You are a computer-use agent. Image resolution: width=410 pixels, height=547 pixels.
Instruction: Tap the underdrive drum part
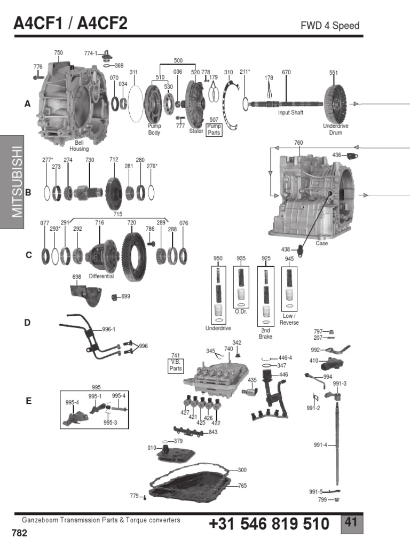[336, 105]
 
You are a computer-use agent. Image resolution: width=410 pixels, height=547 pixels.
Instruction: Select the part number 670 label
[286, 73]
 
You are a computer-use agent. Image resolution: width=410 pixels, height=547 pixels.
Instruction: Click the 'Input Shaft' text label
[290, 113]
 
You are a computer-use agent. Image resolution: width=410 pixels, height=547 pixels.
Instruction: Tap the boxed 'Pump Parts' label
[215, 130]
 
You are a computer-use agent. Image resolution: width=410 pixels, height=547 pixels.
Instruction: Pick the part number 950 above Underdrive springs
[218, 259]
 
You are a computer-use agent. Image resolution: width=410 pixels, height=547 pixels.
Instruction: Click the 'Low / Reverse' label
[289, 319]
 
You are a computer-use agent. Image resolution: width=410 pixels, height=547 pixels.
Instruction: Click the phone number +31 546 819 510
[269, 524]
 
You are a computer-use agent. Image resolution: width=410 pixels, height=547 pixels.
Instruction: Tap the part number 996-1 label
[108, 330]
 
